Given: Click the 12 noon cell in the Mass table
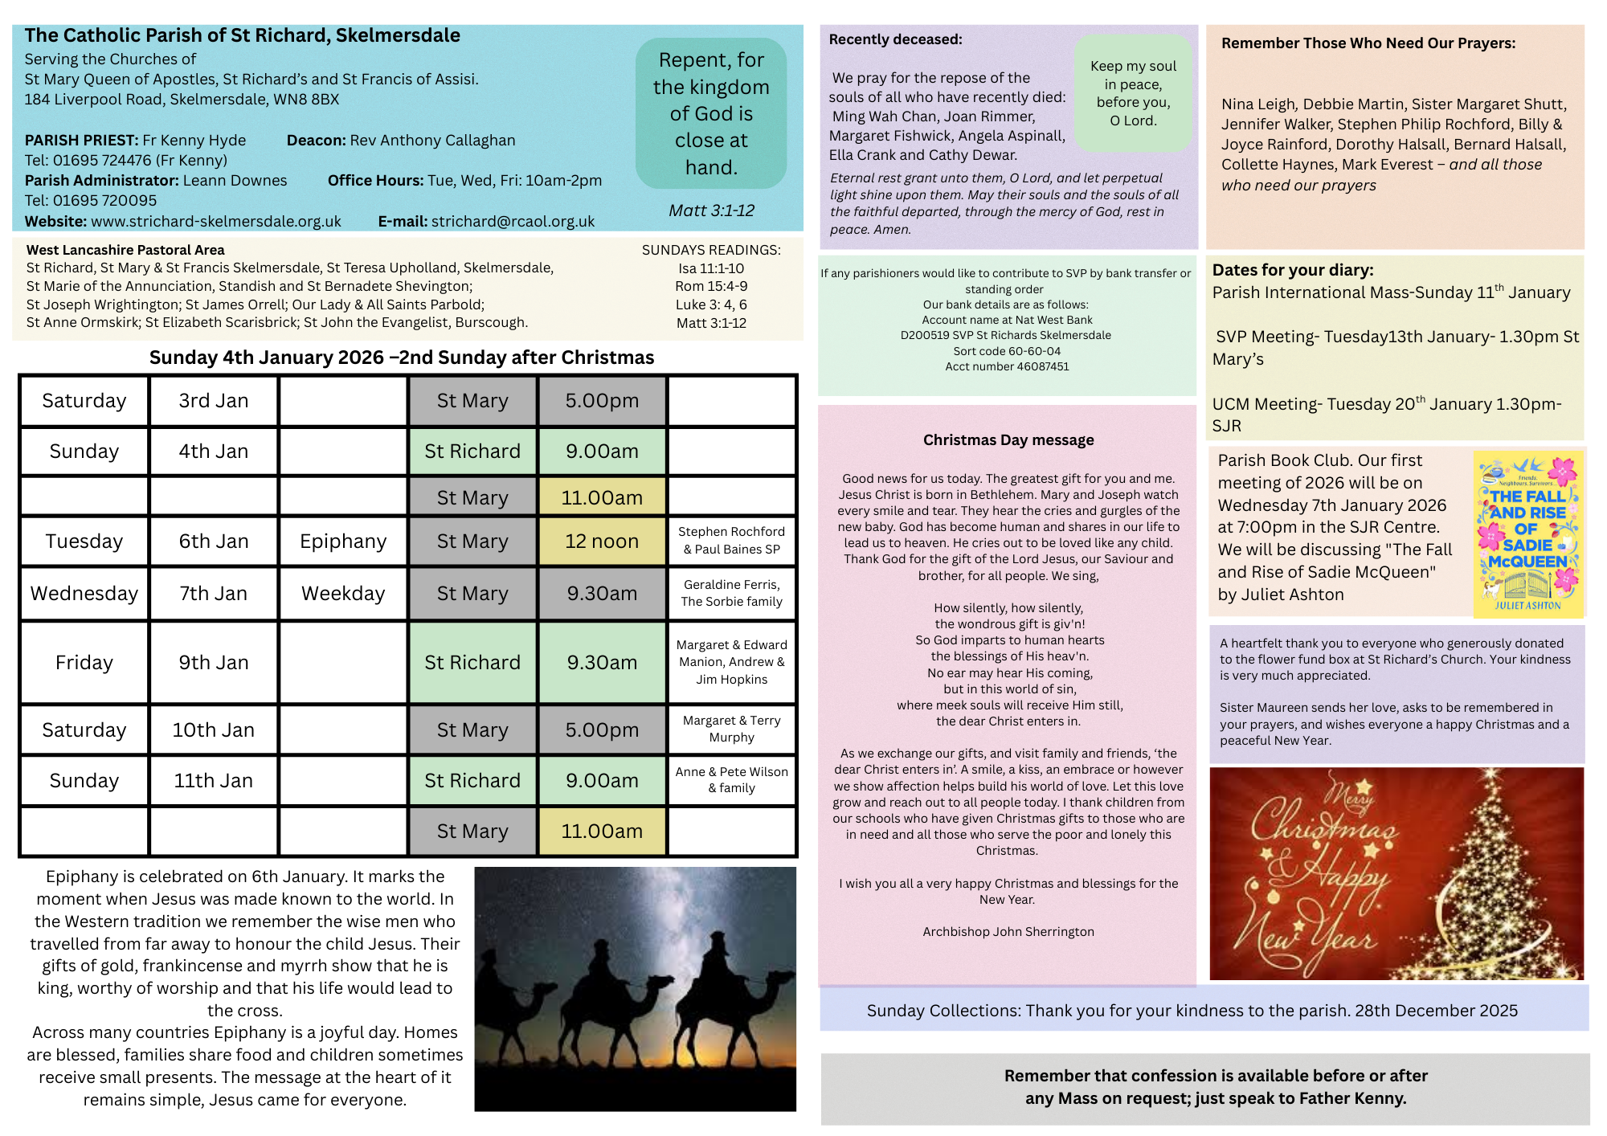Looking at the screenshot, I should click(602, 541).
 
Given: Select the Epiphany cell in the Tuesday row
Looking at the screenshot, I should click(343, 541).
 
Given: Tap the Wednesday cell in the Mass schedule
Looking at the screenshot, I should click(84, 594).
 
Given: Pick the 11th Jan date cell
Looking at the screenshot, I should click(214, 781).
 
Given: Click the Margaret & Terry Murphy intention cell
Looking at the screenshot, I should click(731, 729).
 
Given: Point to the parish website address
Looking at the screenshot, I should click(215, 222).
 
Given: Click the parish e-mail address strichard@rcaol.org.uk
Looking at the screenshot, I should click(513, 222).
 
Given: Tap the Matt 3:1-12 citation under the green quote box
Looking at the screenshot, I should click(711, 210).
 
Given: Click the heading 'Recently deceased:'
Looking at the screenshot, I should click(895, 39).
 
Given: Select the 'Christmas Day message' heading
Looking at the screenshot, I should click(1008, 440).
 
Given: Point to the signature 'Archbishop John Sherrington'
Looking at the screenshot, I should click(1008, 932).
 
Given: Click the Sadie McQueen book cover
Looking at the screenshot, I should click(1527, 534).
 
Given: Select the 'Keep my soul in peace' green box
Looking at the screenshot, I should click(1133, 93).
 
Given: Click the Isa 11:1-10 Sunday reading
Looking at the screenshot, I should click(711, 268).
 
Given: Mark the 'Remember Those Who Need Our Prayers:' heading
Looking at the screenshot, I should click(1368, 43).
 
